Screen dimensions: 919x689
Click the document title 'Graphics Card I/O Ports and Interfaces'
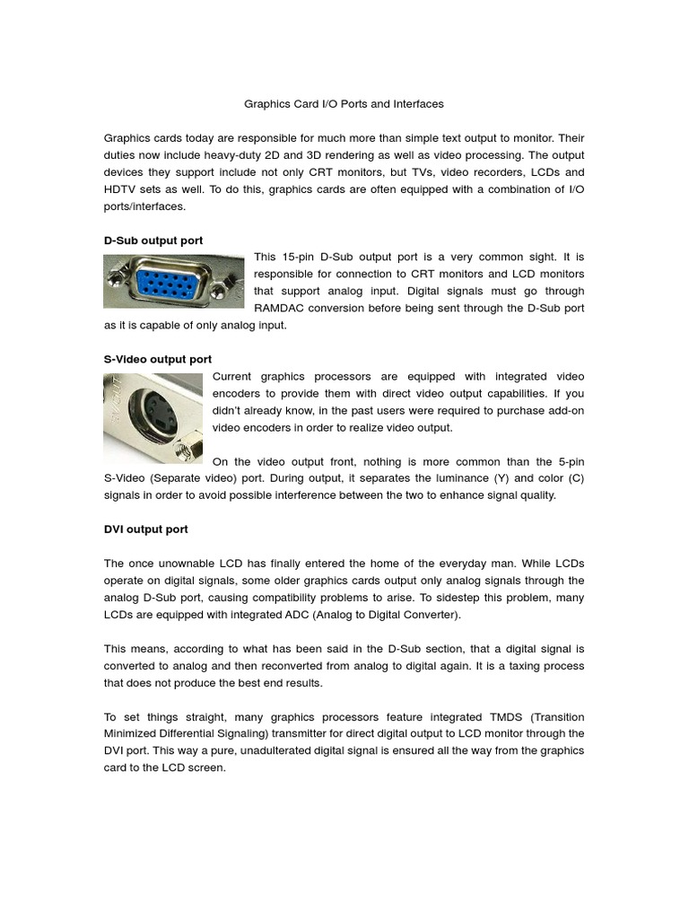pyautogui.click(x=344, y=104)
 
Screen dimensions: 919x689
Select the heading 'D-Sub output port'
pyautogui.click(x=153, y=241)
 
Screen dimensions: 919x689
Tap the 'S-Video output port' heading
pyautogui.click(x=158, y=359)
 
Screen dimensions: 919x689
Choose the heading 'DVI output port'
pyautogui.click(x=146, y=530)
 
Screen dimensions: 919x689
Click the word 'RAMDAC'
pyautogui.click(x=279, y=308)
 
